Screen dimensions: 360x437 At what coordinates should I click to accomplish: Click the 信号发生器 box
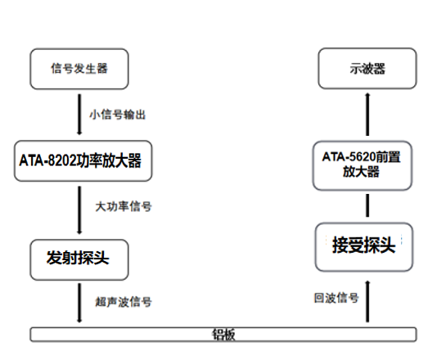pos(79,70)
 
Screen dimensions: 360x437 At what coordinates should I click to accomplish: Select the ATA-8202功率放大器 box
pos(79,160)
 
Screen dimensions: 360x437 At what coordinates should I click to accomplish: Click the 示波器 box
pos(366,70)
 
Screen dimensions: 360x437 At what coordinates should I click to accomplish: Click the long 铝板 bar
pos(223,334)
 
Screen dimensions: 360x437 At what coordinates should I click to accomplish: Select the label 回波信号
pos(336,298)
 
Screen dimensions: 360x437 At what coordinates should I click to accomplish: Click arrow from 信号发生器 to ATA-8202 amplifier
pos(79,115)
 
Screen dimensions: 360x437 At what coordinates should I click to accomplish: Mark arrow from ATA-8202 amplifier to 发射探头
pos(79,208)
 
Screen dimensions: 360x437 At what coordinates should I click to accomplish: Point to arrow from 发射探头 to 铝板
pos(79,302)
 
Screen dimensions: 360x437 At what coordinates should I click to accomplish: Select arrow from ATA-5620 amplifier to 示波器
pos(366,115)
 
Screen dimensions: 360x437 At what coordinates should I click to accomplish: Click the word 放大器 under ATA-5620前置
pos(361,172)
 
